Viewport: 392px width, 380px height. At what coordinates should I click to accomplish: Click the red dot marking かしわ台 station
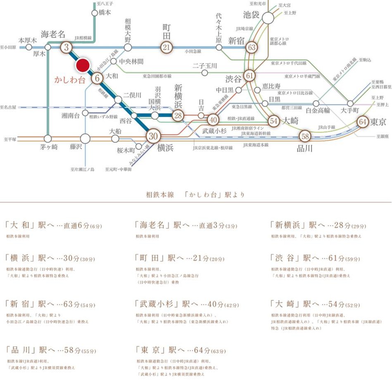[83, 65]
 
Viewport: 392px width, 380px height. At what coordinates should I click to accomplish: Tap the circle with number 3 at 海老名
[66, 47]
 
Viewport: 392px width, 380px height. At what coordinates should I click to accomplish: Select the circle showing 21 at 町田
[166, 47]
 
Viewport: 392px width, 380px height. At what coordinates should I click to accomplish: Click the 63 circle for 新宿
[251, 47]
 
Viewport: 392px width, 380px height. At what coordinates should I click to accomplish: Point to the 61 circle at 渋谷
[249, 76]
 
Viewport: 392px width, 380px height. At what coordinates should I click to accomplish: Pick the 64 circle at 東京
[363, 122]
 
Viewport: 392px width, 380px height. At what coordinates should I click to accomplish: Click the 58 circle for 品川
[305, 136]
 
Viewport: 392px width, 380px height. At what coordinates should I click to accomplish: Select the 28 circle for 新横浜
[178, 116]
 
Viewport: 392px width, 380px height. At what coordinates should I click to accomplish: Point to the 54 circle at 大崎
[273, 121]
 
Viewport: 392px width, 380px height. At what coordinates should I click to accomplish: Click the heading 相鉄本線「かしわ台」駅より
[195, 194]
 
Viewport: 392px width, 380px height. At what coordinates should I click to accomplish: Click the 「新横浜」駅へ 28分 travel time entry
[318, 226]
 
